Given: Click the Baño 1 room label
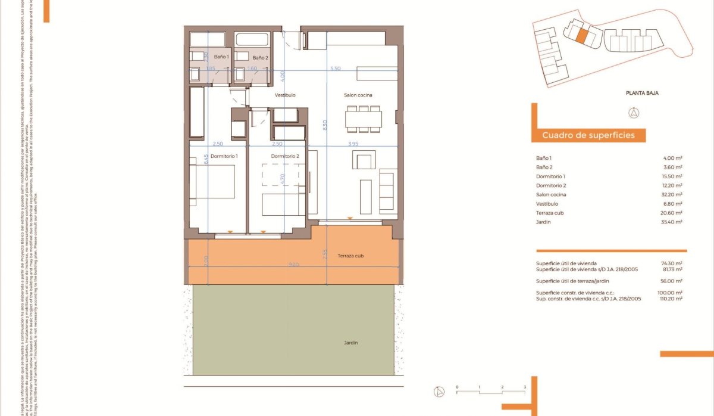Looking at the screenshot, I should click(221, 57).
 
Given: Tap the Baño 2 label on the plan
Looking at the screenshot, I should click(261, 58).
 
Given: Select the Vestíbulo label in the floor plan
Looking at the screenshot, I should click(285, 95).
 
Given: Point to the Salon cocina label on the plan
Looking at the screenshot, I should click(358, 95).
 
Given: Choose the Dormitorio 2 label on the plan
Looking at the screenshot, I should click(284, 156).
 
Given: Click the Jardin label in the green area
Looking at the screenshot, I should click(350, 343).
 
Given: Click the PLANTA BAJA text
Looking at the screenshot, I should click(642, 93).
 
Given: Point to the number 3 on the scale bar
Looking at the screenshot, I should click(525, 387).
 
